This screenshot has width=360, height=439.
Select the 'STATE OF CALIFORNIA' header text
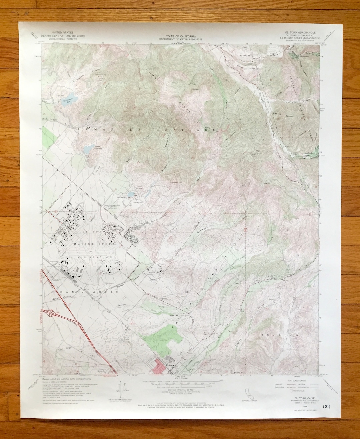tap(182, 35)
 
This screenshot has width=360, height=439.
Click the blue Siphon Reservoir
tap(88, 149)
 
